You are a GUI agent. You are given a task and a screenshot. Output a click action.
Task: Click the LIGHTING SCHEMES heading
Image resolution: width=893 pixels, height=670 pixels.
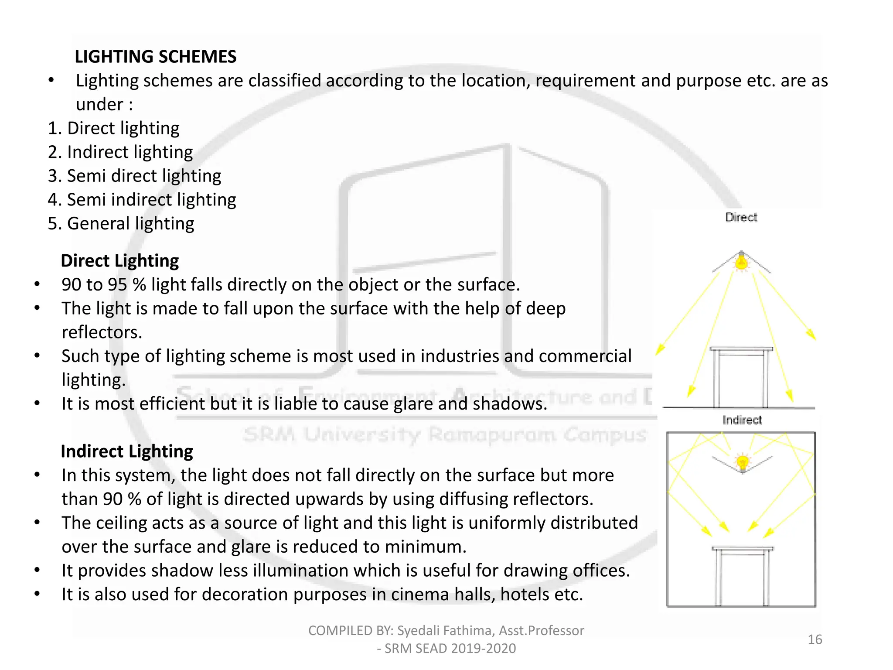[155, 57]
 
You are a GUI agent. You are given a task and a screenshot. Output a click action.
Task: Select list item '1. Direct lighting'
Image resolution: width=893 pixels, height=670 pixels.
[113, 128]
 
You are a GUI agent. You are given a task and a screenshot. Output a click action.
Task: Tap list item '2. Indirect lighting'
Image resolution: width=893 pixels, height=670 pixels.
[120, 152]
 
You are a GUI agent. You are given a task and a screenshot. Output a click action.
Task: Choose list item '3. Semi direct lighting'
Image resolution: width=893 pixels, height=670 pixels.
[134, 176]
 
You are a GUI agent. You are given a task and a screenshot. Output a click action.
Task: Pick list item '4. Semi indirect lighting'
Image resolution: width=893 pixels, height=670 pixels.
[142, 200]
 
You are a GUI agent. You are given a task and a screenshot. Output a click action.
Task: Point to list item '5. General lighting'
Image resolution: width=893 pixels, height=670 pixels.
[121, 223]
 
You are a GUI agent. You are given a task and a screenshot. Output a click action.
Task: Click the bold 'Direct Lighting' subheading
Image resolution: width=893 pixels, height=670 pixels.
[119, 261]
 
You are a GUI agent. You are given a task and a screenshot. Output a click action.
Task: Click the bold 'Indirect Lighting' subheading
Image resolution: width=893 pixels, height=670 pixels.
[126, 451]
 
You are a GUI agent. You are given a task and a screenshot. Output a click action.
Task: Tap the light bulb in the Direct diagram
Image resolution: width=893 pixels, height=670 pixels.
[741, 263]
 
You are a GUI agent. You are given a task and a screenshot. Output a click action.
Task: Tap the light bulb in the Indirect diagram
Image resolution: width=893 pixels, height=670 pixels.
[742, 462]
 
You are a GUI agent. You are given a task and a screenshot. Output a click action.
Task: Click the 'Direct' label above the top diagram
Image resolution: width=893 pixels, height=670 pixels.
[741, 217]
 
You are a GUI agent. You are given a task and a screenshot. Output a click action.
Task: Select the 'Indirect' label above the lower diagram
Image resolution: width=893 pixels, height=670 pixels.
[742, 420]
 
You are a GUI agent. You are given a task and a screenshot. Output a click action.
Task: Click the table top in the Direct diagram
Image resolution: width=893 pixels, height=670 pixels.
[741, 349]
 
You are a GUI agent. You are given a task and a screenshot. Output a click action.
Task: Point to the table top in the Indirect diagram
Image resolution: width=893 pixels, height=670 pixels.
[743, 549]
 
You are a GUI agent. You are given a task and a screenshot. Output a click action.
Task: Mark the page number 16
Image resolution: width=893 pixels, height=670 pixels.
[815, 639]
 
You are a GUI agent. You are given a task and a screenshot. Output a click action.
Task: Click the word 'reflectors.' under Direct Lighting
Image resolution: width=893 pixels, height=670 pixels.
[102, 332]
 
